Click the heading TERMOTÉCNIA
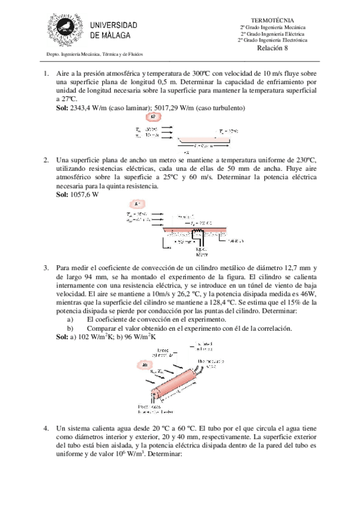click(273, 20)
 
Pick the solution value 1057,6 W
click(84, 195)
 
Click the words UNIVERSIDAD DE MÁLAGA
click(114, 30)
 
